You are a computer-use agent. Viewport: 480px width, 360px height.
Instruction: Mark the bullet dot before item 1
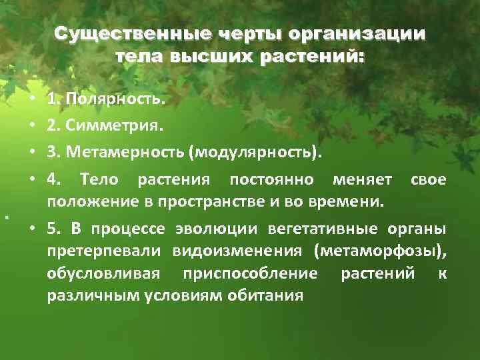pyautogui.click(x=33, y=101)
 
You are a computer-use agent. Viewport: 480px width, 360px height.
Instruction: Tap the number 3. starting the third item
pyautogui.click(x=52, y=154)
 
